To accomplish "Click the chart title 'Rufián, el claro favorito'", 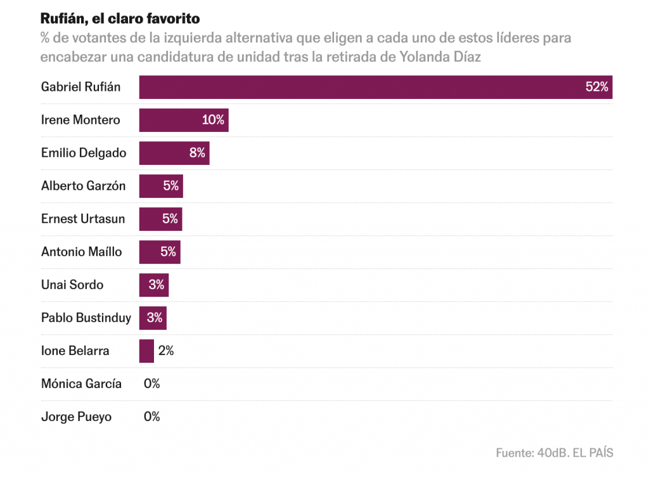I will click(x=120, y=18).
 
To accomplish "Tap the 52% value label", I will click(x=596, y=88).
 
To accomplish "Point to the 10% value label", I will click(x=213, y=120).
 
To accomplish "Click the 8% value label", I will click(x=197, y=153).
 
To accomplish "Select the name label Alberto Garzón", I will click(x=83, y=186).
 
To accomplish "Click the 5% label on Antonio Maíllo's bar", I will click(x=168, y=252).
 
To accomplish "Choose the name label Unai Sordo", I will click(x=72, y=285).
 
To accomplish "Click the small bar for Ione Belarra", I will click(x=146, y=351).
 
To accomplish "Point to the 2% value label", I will click(x=166, y=351).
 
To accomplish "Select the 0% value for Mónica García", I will click(x=152, y=384).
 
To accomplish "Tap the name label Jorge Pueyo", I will click(x=76, y=417).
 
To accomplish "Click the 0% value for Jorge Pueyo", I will click(x=152, y=417).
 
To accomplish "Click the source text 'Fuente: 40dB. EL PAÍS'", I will click(x=554, y=453).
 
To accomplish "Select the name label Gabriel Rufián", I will click(x=80, y=88).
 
